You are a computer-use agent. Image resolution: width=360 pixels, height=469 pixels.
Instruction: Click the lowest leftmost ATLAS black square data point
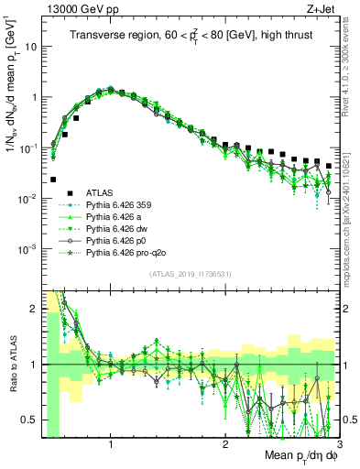click(53, 180)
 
